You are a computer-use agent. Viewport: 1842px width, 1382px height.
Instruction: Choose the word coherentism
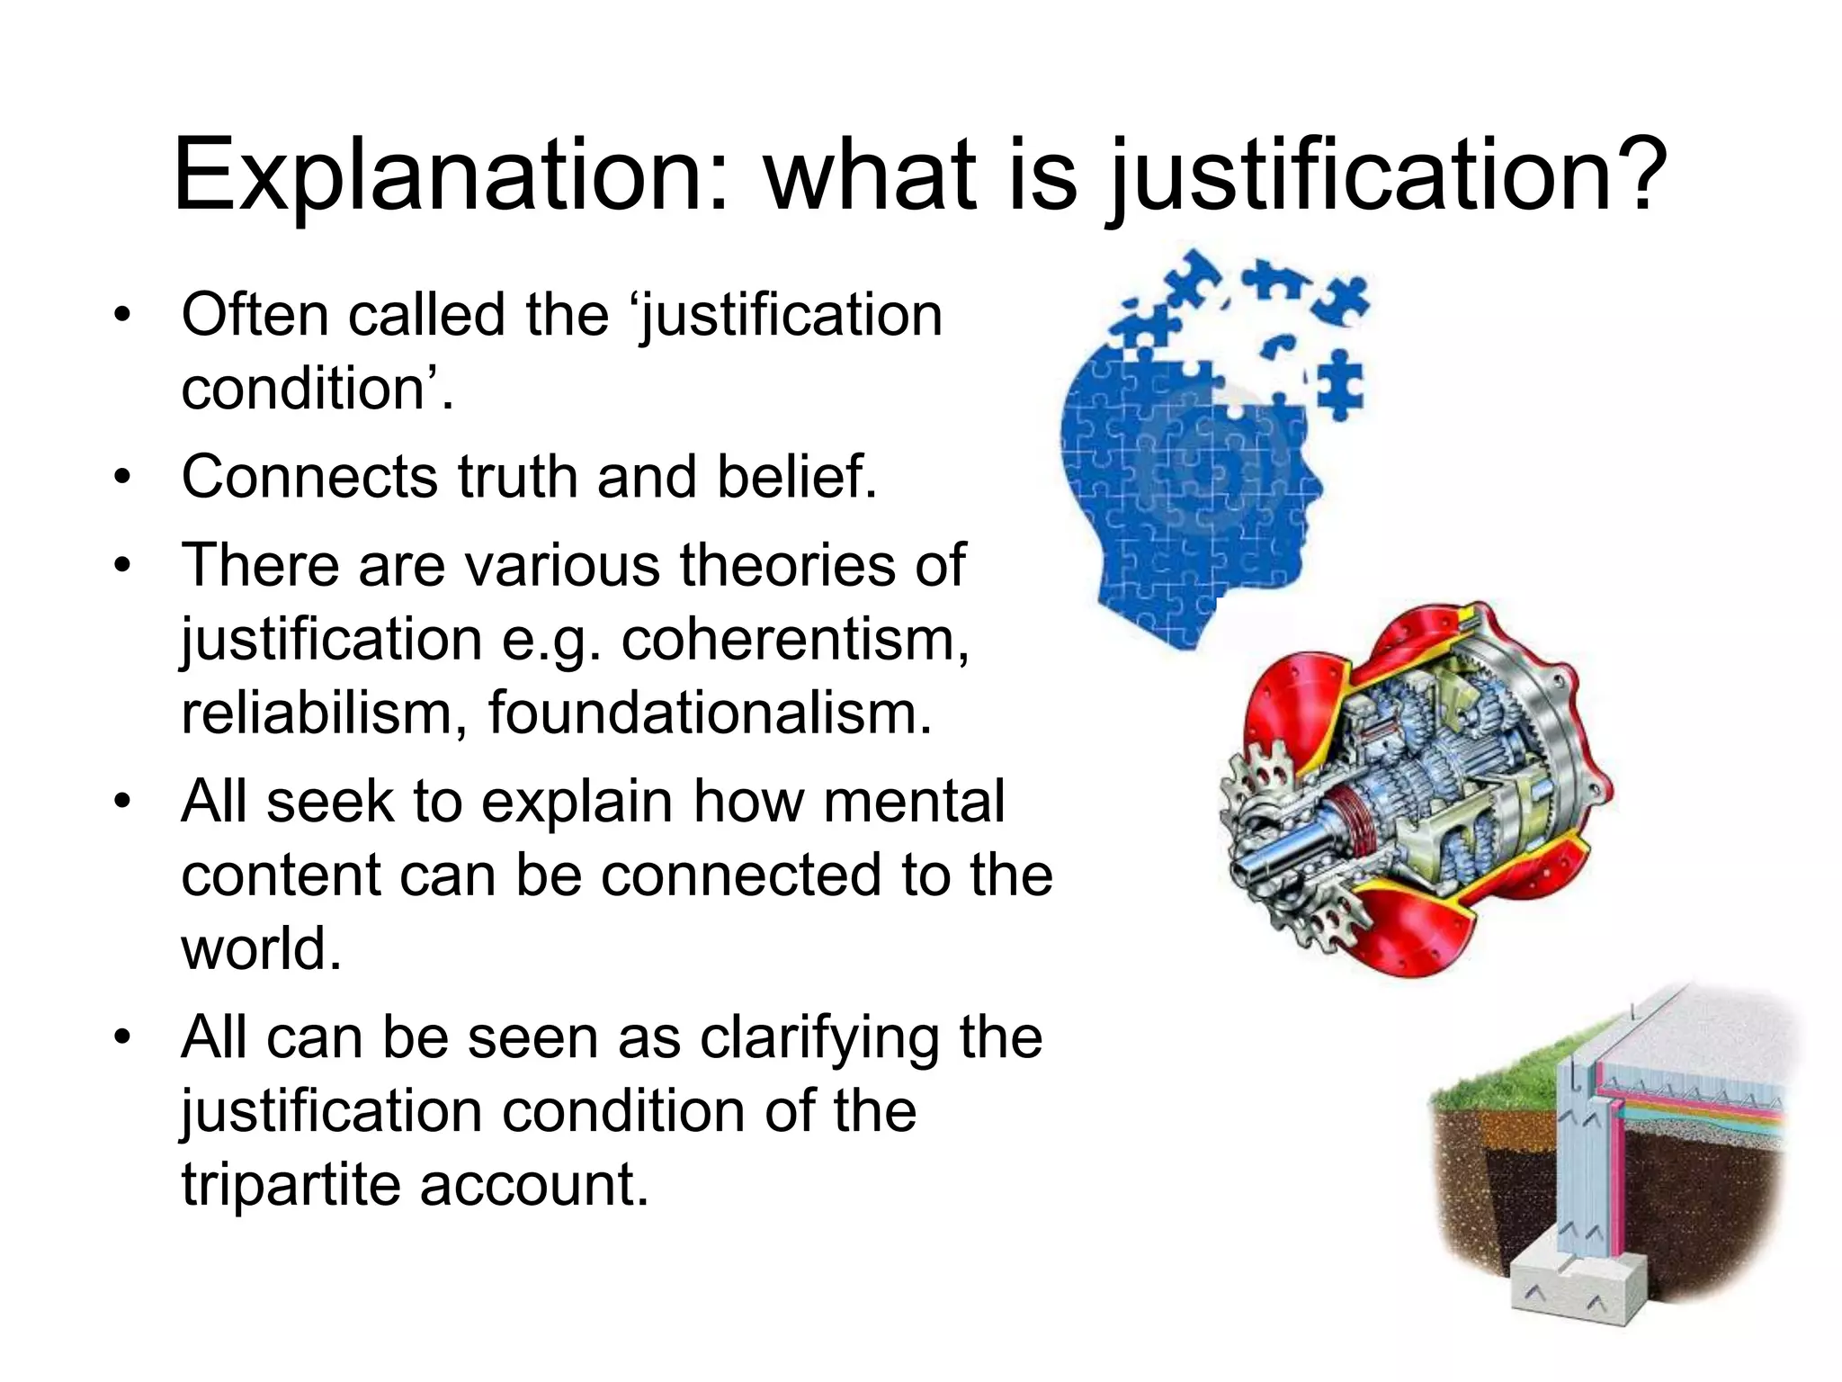click(795, 640)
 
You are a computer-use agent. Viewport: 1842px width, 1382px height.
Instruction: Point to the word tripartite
click(291, 1184)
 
